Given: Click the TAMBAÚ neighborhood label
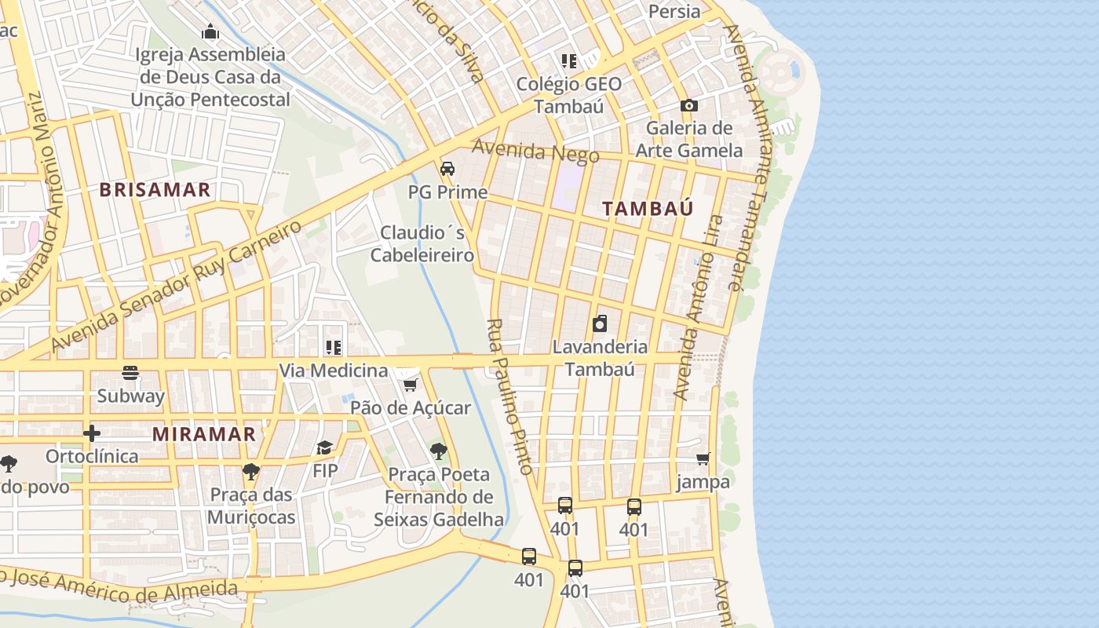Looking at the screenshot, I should pos(648,209).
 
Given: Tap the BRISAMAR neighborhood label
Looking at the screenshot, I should pos(155,190).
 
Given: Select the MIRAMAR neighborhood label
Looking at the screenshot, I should pos(204,434).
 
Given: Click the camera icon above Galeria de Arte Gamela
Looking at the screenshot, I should pos(688,105).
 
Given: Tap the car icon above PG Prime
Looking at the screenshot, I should pos(447,169).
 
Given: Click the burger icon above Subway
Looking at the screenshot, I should pos(130,373).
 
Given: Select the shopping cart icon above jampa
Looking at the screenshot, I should pos(703,458).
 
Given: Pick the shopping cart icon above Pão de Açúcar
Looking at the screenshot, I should pos(410,385).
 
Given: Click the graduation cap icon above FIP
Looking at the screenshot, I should pos(324,447).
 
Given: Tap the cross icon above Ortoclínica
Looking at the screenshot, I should pos(92,433).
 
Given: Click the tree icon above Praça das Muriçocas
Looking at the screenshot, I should pos(250,472).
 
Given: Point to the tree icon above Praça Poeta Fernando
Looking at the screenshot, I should pos(438,451).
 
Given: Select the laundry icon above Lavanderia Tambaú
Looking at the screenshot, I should pos(600,323).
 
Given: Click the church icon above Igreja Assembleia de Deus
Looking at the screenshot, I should pos(210,32).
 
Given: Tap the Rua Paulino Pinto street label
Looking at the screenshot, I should pos(510,396).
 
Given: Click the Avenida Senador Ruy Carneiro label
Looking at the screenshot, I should pos(176,286).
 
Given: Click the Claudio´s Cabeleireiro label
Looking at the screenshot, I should pos(422,244).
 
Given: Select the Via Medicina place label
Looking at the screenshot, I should pos(334,370).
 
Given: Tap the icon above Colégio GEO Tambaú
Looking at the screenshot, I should pos(568,61).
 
